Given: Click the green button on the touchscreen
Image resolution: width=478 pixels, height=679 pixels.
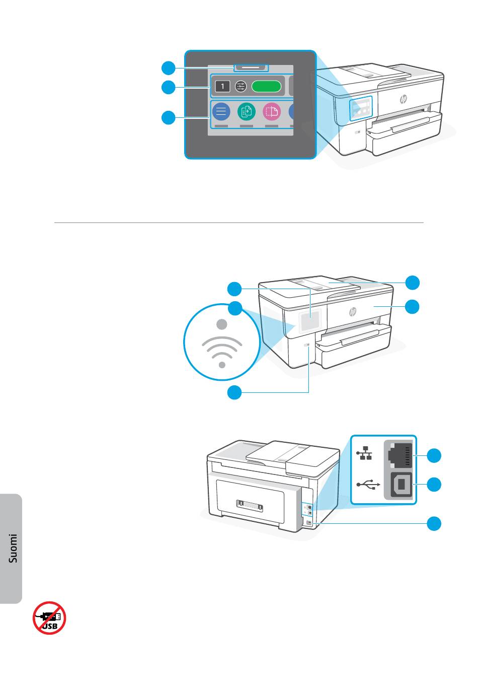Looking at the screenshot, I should tap(267, 87).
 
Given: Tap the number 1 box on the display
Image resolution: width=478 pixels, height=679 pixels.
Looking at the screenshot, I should tap(222, 87).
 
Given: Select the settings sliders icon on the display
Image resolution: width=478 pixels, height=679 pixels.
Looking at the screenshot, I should tap(241, 87).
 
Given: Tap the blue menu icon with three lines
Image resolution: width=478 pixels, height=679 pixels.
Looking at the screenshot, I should tap(220, 111).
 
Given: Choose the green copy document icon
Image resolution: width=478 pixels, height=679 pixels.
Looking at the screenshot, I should tap(246, 111).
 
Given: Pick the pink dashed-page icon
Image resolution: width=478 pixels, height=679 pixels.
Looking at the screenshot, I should tap(272, 111).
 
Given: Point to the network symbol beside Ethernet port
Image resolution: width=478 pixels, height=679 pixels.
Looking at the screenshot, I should tap(365, 455).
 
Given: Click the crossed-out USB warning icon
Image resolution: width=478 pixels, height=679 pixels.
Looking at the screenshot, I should tap(50, 618).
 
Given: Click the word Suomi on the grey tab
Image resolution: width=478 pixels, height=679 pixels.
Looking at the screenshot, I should tap(14, 549).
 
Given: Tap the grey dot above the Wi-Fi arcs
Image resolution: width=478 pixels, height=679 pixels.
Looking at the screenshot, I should tap(222, 324).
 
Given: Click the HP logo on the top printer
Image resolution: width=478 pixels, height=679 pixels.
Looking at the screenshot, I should tap(404, 99).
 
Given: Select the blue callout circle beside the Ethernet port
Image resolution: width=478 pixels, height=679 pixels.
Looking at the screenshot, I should tap(434, 456).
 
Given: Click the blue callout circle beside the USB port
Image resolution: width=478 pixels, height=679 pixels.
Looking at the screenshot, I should tap(434, 485).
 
